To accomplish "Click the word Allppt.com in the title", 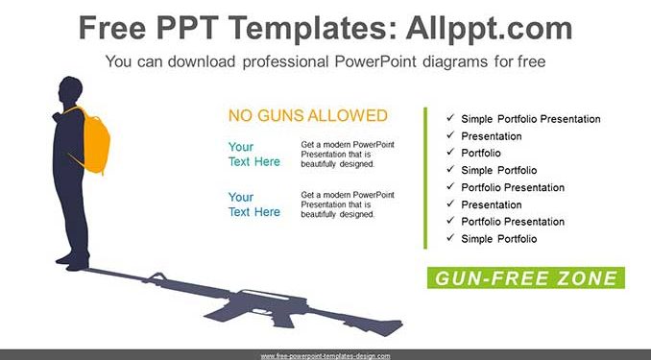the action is [x=489, y=29].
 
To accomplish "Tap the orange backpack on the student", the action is [x=92, y=141].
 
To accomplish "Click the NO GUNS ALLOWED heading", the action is [x=308, y=115].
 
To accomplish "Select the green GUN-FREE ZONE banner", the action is [x=526, y=277].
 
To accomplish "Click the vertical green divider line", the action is [x=425, y=179].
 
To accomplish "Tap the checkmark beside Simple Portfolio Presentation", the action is [x=450, y=118].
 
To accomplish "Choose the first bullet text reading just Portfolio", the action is [x=481, y=154].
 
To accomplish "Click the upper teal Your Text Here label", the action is [x=254, y=154].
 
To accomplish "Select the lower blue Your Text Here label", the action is [x=254, y=204].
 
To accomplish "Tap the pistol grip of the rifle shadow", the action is [x=279, y=319].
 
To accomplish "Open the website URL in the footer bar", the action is [x=325, y=356].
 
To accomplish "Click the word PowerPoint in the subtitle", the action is [x=375, y=61].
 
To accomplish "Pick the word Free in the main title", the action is [x=112, y=28].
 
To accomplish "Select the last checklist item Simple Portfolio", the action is [x=499, y=239].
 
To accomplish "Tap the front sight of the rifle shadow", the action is [x=157, y=276].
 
